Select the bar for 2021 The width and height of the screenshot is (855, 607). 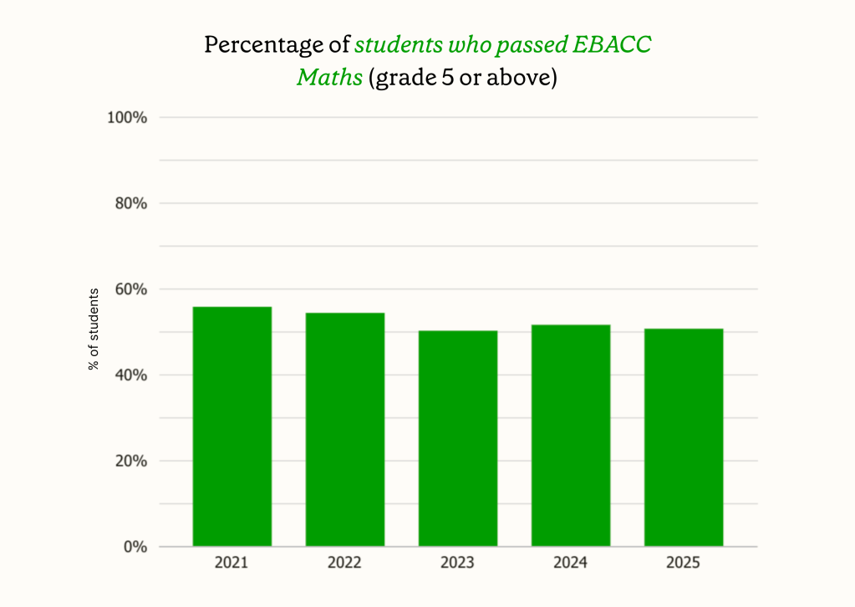click(x=232, y=426)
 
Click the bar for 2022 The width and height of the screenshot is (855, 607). click(x=344, y=430)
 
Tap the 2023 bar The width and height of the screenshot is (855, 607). click(x=458, y=438)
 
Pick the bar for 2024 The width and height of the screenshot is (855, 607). click(x=571, y=436)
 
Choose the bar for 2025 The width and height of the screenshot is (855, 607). click(x=684, y=437)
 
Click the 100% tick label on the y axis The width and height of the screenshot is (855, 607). click(x=127, y=118)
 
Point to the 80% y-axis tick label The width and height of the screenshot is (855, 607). click(x=130, y=203)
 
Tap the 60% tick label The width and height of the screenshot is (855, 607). click(x=130, y=289)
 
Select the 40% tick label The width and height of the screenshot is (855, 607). click(x=130, y=375)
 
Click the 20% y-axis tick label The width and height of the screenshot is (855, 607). click(x=130, y=461)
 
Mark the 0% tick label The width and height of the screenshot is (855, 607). click(x=135, y=547)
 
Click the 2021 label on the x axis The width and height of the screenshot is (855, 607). click(x=232, y=564)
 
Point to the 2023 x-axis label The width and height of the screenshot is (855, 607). click(x=458, y=564)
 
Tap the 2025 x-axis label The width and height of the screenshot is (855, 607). click(x=684, y=564)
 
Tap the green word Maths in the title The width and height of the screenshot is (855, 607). click(x=329, y=79)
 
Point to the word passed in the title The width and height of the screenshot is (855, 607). click(x=533, y=45)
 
